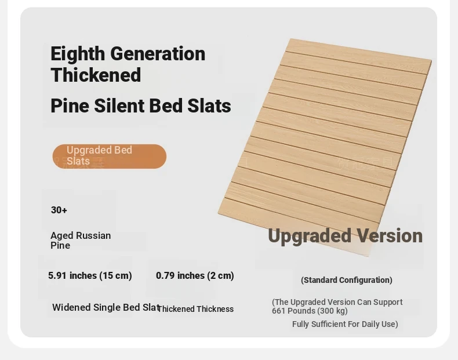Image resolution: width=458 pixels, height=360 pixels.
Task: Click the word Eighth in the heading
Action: point(78,54)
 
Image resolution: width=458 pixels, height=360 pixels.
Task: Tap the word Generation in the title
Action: point(158,53)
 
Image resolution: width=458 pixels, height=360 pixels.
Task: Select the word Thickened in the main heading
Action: point(96,75)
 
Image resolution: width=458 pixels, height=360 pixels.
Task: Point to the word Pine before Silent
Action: point(70,106)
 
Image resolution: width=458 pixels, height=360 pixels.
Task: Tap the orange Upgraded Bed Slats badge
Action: point(110,156)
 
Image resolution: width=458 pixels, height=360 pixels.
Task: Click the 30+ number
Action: point(59,210)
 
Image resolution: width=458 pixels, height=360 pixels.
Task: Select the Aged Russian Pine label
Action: point(81,241)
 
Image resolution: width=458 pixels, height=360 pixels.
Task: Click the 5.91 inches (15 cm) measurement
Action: point(90,275)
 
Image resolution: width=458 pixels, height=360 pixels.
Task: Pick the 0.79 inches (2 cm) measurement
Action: point(195,275)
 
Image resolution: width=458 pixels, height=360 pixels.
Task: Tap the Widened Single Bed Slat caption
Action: point(106,307)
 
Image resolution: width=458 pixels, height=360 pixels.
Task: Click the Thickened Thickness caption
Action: point(195,309)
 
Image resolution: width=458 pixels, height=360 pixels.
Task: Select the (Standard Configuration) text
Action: point(347,280)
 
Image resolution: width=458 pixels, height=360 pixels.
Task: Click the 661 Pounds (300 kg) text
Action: point(310,311)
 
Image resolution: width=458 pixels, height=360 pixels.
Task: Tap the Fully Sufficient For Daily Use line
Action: point(345,324)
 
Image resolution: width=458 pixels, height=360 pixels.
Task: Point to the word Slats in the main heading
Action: point(209,106)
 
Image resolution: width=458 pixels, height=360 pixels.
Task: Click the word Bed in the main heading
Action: point(166,106)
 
